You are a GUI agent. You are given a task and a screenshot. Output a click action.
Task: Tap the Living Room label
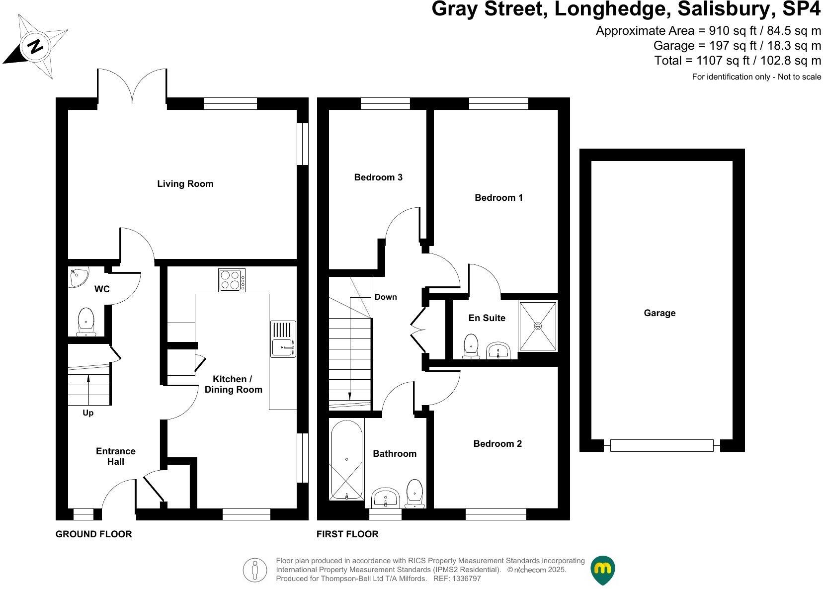click(185, 184)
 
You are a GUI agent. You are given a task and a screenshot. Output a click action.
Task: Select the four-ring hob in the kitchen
click(232, 280)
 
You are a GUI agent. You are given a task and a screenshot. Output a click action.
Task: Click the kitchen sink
click(283, 339)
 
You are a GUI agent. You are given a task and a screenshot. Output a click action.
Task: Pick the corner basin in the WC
click(78, 277)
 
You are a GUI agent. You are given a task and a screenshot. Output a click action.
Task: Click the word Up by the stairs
click(88, 413)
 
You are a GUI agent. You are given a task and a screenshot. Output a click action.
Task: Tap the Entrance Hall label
click(116, 456)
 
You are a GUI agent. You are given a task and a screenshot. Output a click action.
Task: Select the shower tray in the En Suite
click(538, 326)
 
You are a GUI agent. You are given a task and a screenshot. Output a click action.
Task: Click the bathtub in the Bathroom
click(346, 460)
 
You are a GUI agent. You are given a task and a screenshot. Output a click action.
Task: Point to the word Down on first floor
click(386, 297)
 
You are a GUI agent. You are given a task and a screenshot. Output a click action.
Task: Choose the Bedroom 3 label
click(378, 177)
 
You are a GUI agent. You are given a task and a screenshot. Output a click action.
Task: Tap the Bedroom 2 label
click(497, 444)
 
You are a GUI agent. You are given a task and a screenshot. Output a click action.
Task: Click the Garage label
click(659, 313)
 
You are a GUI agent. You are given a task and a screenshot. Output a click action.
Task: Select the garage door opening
click(661, 445)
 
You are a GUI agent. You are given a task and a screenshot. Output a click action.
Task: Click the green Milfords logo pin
click(602, 570)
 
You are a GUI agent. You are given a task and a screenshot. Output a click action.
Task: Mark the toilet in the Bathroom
click(414, 493)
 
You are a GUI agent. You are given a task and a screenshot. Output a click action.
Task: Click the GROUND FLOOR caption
click(93, 534)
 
